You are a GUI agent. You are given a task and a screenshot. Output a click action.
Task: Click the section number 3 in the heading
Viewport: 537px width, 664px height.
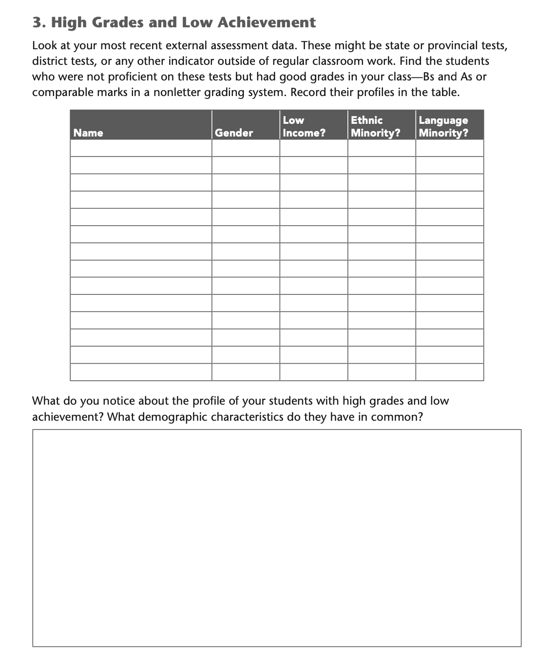click(x=37, y=22)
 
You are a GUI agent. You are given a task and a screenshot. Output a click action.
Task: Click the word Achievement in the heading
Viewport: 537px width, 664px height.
click(x=267, y=22)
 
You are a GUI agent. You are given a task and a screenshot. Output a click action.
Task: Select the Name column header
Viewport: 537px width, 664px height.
click(x=88, y=133)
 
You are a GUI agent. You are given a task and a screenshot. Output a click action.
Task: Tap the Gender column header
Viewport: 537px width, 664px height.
click(x=234, y=133)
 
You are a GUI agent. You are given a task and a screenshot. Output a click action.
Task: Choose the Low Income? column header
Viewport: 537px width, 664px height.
click(x=304, y=126)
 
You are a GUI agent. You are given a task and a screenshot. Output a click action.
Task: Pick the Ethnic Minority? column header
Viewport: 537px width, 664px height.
click(x=375, y=126)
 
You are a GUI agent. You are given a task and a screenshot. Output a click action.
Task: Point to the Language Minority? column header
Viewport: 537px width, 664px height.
click(x=443, y=126)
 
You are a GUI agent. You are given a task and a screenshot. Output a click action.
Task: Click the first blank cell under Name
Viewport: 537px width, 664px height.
click(x=141, y=148)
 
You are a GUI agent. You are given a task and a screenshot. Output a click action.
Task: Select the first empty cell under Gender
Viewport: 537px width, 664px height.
click(x=246, y=148)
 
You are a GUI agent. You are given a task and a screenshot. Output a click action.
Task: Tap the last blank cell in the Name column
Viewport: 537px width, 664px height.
click(x=141, y=372)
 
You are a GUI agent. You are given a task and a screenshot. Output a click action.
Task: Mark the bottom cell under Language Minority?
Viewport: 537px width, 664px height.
click(x=449, y=372)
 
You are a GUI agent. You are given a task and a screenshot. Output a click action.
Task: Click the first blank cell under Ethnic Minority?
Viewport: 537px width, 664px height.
click(x=382, y=148)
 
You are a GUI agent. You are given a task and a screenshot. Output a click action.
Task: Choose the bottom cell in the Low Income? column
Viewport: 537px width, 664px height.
click(x=313, y=372)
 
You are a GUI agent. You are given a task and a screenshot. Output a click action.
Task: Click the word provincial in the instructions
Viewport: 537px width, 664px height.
click(x=453, y=46)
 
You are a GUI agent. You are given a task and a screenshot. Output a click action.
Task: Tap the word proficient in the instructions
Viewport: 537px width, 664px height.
click(x=130, y=77)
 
